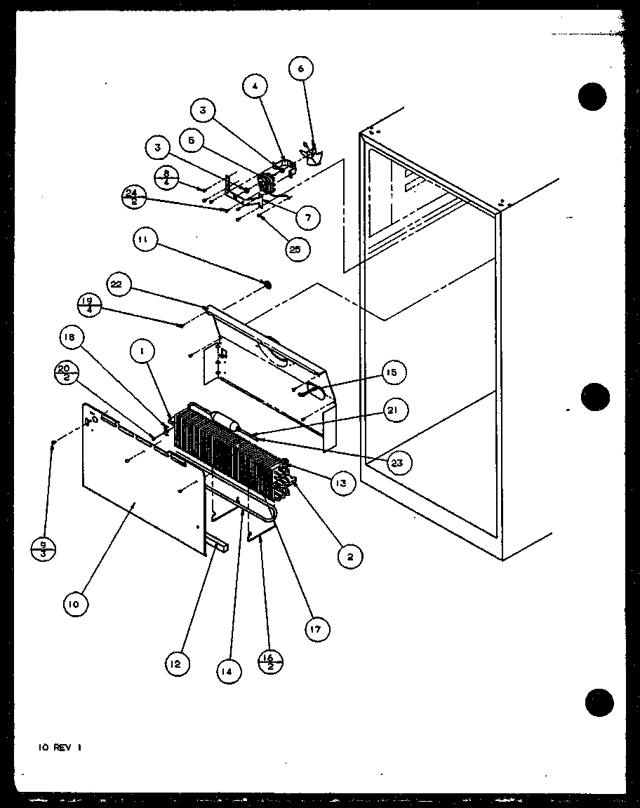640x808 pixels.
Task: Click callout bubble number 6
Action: pyautogui.click(x=301, y=69)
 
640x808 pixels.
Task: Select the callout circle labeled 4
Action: pyautogui.click(x=255, y=88)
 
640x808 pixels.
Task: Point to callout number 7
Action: pyautogui.click(x=306, y=218)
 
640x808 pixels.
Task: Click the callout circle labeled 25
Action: pyautogui.click(x=298, y=249)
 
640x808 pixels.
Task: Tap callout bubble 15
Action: pyautogui.click(x=393, y=372)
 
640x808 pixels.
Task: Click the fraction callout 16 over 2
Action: pyautogui.click(x=270, y=661)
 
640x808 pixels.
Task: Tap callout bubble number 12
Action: pyautogui.click(x=177, y=663)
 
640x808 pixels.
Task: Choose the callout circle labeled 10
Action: pyautogui.click(x=76, y=604)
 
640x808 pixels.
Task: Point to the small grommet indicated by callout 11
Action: pyautogui.click(x=267, y=285)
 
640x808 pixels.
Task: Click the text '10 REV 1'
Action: pyautogui.click(x=60, y=748)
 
